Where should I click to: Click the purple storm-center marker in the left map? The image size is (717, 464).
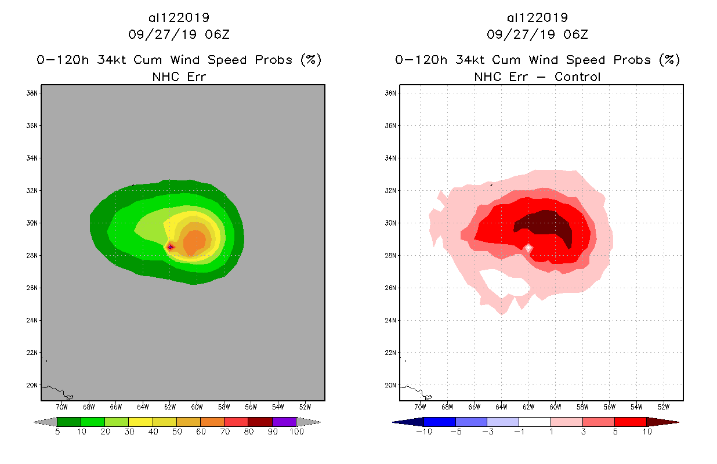171,247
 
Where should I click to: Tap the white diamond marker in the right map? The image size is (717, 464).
528,248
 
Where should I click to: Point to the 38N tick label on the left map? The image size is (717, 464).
32,93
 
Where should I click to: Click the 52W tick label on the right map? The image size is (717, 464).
664,406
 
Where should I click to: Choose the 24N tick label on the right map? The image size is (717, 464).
391,320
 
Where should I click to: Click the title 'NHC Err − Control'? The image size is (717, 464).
537,77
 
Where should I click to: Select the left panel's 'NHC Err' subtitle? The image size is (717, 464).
179,77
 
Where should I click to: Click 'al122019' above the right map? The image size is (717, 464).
537,17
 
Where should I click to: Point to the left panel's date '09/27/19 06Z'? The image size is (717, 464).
179,34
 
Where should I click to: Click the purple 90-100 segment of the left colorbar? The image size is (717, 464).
284,422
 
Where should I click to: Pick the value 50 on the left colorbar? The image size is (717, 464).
176,432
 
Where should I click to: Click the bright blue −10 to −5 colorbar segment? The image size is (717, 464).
440,422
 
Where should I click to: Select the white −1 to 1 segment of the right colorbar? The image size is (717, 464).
534,422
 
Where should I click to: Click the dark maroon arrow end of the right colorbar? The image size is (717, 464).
662,422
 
